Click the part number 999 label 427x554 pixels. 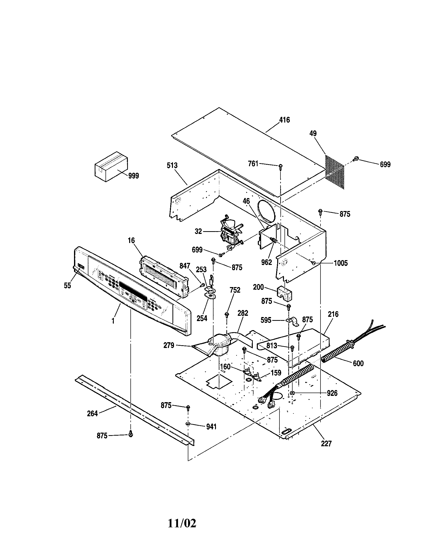pos(133,176)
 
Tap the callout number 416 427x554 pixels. pos(284,120)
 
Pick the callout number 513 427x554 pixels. pos(172,165)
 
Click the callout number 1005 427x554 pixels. pos(341,263)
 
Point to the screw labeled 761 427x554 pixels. pos(280,166)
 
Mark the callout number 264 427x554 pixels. pos(92,413)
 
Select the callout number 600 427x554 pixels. pos(358,363)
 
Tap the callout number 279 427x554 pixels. pos(169,345)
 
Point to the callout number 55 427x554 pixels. pos(67,286)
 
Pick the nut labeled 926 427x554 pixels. pos(292,393)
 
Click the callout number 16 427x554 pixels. pos(131,240)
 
